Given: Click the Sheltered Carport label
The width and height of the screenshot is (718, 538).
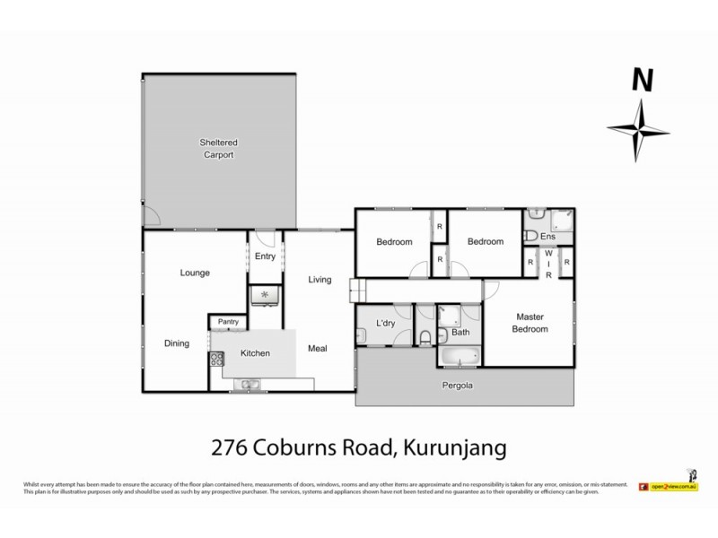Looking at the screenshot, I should click(217, 148).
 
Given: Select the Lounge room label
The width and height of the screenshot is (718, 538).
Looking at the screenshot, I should click(195, 273).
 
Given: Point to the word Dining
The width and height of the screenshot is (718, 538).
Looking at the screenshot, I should click(177, 343).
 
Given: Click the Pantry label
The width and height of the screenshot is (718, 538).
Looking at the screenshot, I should click(227, 322).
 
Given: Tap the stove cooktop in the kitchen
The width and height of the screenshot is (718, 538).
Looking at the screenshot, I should click(216, 361).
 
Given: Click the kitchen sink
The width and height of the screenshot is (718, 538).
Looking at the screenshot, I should click(246, 386).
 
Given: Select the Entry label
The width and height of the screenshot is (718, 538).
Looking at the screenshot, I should click(265, 256).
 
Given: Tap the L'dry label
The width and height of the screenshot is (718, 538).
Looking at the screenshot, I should click(386, 323).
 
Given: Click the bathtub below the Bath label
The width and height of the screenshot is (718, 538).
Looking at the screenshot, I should click(460, 356).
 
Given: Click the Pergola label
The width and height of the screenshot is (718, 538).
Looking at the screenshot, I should click(456, 386).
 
